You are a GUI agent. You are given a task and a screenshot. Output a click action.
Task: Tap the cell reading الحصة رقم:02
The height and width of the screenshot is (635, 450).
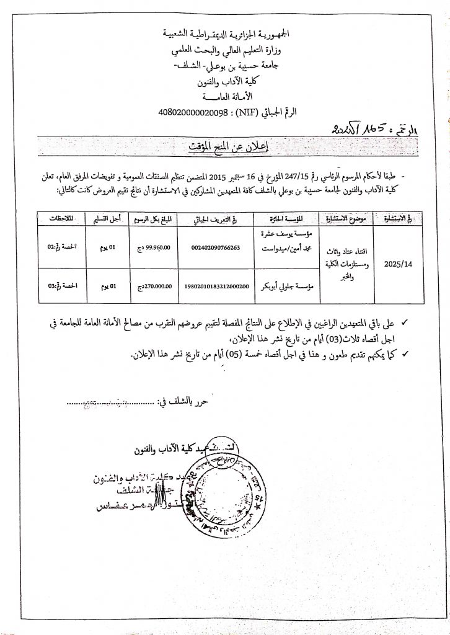[61, 247]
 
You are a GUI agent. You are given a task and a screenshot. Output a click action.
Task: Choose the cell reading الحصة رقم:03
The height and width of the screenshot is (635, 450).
[61, 286]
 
